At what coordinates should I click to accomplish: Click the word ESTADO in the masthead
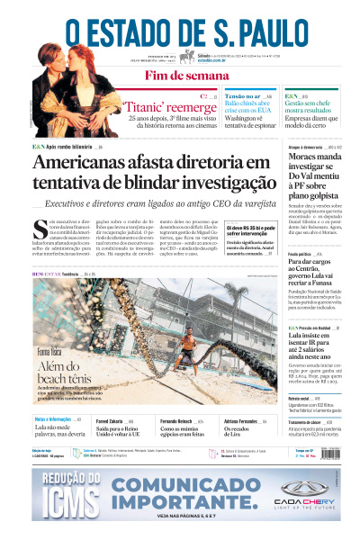pyautogui.click(x=133, y=31)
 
